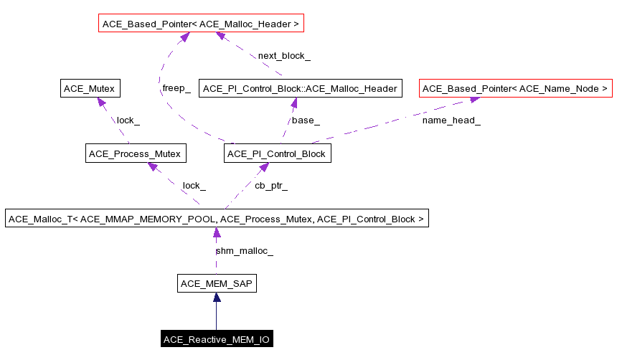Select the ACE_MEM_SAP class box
tap(216, 283)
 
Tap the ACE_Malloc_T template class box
tap(217, 218)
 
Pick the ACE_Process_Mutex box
tap(136, 153)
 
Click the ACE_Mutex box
tap(89, 89)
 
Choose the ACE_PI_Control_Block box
tap(277, 153)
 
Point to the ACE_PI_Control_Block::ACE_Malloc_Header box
tap(300, 89)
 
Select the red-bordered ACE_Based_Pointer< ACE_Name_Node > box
tap(515, 89)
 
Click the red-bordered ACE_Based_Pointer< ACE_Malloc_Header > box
tap(202, 24)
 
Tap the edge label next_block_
tap(284, 55)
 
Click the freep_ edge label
tap(176, 88)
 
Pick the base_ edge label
tap(306, 120)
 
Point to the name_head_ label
tap(451, 120)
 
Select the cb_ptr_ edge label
tap(271, 185)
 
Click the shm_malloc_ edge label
tap(244, 250)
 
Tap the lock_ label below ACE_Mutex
tap(128, 120)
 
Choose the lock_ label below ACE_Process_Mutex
tap(194, 185)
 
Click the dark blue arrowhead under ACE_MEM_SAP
tap(216, 298)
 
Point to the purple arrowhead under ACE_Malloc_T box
tap(216, 233)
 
